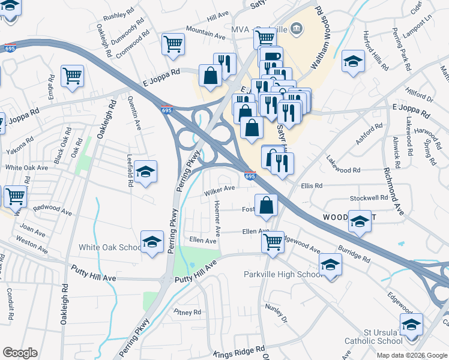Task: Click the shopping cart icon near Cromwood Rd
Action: pyautogui.click(x=173, y=43)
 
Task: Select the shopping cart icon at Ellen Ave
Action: pyautogui.click(x=273, y=242)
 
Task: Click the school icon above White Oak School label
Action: pyautogui.click(x=152, y=242)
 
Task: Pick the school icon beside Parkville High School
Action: pyautogui.click(x=330, y=264)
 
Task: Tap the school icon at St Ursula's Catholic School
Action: pyautogui.click(x=411, y=325)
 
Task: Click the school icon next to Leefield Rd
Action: pyautogui.click(x=145, y=172)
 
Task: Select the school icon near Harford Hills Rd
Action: pyautogui.click(x=353, y=61)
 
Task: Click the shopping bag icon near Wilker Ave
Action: pyautogui.click(x=266, y=205)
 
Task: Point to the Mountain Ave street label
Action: pyautogui.click(x=205, y=37)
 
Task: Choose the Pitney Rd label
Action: pyautogui.click(x=187, y=312)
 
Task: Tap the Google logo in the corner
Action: pyautogui.click(x=20, y=353)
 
